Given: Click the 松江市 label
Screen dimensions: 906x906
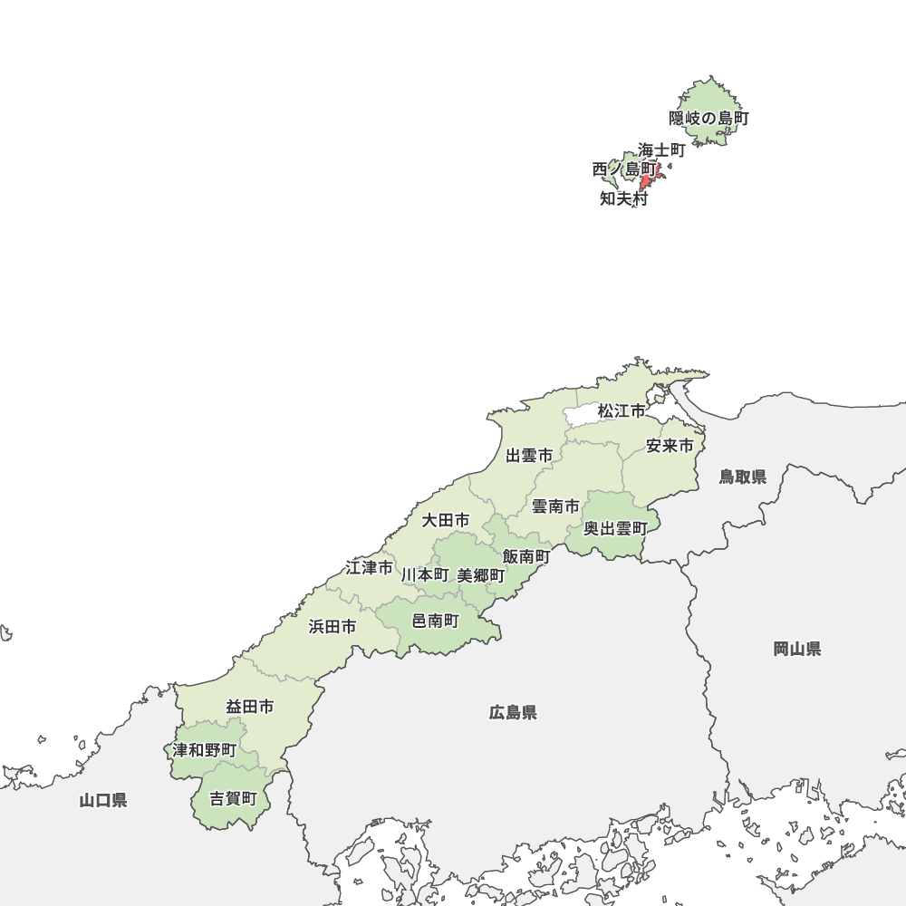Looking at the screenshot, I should pyautogui.click(x=622, y=411).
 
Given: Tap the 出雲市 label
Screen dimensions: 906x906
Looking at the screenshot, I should pyautogui.click(x=529, y=456).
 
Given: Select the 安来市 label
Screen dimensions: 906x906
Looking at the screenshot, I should pyautogui.click(x=670, y=446).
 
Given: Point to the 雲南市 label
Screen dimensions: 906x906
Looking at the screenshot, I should pyautogui.click(x=555, y=506).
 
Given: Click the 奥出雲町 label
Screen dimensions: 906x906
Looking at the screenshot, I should pyautogui.click(x=615, y=528).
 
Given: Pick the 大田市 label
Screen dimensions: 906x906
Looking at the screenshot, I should pyautogui.click(x=446, y=520).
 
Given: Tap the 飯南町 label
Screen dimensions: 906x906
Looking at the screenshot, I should pyautogui.click(x=526, y=555).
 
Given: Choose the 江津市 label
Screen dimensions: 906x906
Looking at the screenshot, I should pyautogui.click(x=370, y=568).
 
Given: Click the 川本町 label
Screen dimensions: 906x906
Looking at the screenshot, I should pyautogui.click(x=425, y=574).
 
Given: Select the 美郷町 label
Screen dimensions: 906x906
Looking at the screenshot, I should pyautogui.click(x=481, y=575).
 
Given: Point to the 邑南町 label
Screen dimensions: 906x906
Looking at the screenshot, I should pyautogui.click(x=436, y=621).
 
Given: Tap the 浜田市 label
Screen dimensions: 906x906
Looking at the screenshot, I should pyautogui.click(x=332, y=626).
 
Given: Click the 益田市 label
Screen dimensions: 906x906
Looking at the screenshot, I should pyautogui.click(x=250, y=707).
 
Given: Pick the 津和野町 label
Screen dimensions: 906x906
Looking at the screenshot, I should pyautogui.click(x=205, y=750).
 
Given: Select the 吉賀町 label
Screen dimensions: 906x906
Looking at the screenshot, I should pyautogui.click(x=234, y=799).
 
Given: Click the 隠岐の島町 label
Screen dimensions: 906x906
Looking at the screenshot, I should pyautogui.click(x=709, y=118).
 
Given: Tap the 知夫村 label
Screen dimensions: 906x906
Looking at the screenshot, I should pyautogui.click(x=624, y=199).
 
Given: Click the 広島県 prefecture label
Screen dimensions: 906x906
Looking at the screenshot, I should pyautogui.click(x=513, y=713).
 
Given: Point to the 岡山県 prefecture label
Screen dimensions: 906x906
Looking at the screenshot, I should pyautogui.click(x=797, y=649).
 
